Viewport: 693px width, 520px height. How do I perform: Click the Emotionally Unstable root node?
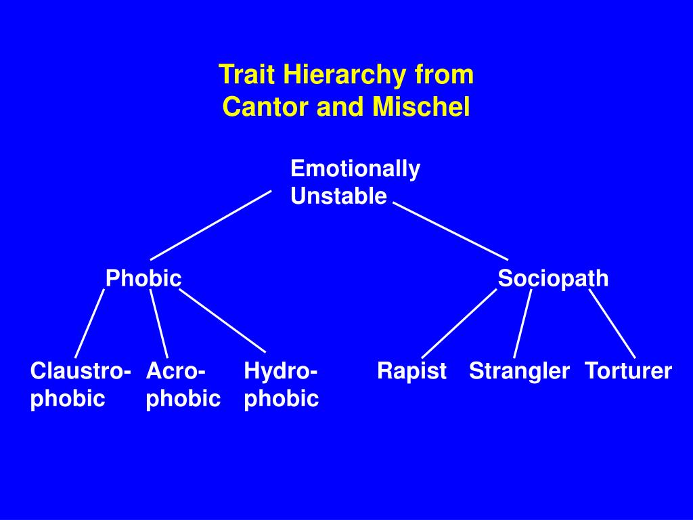pos(355,182)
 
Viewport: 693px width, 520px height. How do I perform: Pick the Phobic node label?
pos(143,278)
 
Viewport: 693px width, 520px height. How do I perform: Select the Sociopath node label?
pos(553,278)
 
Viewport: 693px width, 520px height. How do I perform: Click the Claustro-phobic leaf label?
pos(81,385)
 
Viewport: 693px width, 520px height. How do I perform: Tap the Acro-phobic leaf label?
pos(183,385)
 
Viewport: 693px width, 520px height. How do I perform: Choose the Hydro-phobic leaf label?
pos(281,385)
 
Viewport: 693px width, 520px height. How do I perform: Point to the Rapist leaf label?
pos(411,371)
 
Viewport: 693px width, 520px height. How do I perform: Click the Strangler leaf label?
pos(519,371)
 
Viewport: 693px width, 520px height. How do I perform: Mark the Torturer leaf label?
pos(628,371)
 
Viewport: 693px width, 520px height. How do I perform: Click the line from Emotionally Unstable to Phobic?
pos(210,225)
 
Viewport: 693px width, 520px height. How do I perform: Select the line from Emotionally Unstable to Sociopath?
pos(450,231)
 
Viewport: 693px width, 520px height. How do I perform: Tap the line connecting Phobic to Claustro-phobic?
pos(89,323)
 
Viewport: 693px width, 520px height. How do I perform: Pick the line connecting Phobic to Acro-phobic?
pos(159,324)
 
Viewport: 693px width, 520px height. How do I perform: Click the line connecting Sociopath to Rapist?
pos(459,323)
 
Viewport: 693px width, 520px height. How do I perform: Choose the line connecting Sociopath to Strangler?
pos(522,323)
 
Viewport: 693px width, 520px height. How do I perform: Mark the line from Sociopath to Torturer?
pos(612,323)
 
